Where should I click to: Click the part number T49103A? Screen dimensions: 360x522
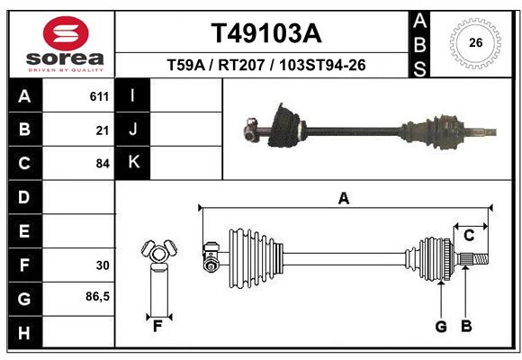point(265,33)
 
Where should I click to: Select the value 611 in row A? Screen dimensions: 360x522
point(99,96)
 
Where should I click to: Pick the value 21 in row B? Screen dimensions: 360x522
point(102,130)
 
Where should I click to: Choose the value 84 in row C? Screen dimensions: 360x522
point(102,164)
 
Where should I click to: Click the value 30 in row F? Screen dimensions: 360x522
point(102,265)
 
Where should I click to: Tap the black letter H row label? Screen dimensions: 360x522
point(24,333)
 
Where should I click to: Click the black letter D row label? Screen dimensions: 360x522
point(24,197)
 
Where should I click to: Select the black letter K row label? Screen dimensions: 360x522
point(133,163)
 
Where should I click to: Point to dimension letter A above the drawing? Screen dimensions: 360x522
point(343,198)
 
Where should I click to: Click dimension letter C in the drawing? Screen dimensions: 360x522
point(468,235)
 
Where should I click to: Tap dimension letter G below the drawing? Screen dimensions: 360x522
point(441,327)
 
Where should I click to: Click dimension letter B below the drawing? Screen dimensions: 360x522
point(465,327)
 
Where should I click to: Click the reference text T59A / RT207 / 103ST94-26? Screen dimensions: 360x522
point(265,65)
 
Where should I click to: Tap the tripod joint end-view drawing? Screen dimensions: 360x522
point(158,255)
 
